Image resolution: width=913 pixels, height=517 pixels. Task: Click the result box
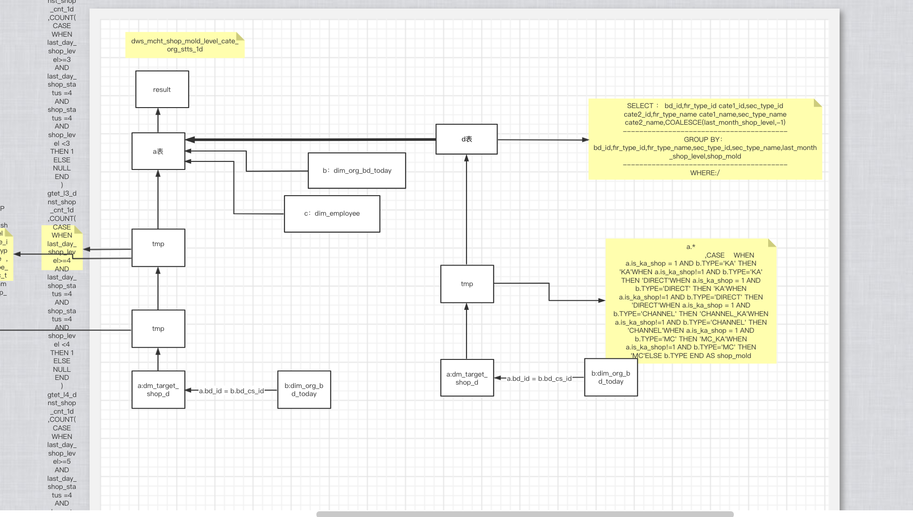click(x=162, y=89)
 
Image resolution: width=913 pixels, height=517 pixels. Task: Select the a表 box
click(x=158, y=151)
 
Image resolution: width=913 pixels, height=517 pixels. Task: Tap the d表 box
click(x=467, y=139)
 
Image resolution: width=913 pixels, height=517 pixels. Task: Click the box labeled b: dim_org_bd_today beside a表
click(x=357, y=170)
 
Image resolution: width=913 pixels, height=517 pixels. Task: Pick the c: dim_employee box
click(x=332, y=214)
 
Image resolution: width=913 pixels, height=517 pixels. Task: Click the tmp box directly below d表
click(x=467, y=284)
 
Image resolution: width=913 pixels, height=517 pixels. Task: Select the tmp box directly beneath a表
click(x=158, y=248)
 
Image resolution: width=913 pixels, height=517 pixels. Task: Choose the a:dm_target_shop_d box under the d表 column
click(x=467, y=378)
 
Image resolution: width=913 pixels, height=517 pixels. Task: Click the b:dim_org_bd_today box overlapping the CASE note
click(x=611, y=378)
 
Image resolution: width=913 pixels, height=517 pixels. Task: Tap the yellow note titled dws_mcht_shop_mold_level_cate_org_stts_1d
click(x=185, y=45)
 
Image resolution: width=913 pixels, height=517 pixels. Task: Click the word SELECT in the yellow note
click(x=640, y=106)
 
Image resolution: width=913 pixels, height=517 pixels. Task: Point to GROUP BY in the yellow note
click(x=703, y=139)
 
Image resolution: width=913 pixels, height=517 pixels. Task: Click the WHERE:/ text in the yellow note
click(x=705, y=173)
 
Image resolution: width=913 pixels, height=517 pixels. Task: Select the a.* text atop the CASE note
click(x=690, y=247)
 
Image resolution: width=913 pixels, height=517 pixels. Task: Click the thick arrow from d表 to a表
click(x=310, y=139)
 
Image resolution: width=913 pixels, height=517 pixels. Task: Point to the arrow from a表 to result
click(x=158, y=120)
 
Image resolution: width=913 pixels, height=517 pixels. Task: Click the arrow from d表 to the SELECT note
click(x=543, y=140)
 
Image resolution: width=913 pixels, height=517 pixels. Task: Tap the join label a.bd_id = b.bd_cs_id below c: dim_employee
click(x=231, y=391)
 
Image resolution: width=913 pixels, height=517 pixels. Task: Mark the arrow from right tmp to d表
click(x=467, y=209)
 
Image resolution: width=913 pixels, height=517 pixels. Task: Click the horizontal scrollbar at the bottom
click(x=524, y=514)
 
